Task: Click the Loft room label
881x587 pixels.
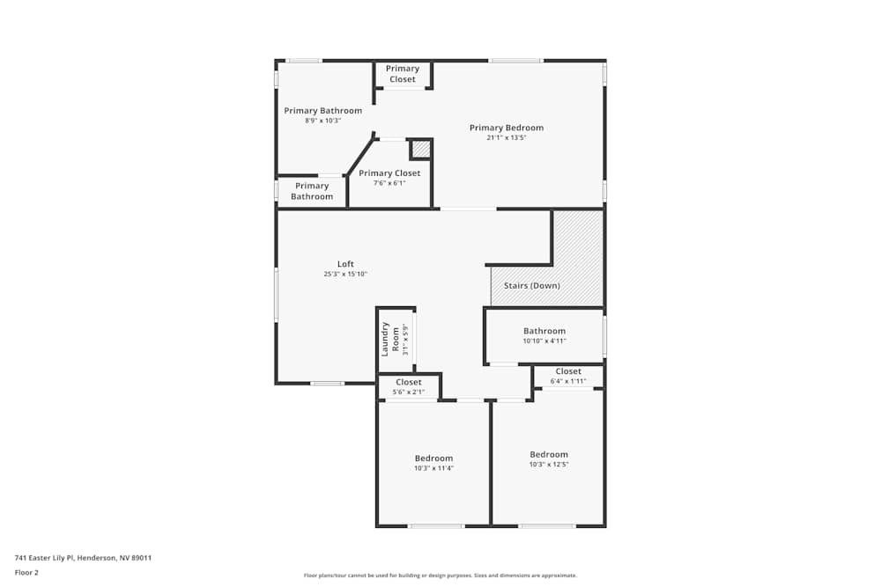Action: point(345,264)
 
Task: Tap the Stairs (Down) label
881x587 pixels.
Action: point(531,285)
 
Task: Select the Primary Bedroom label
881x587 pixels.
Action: point(506,128)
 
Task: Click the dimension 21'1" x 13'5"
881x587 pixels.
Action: point(506,137)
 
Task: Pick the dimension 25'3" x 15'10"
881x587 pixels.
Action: point(345,274)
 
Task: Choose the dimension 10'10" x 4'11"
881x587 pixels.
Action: point(544,341)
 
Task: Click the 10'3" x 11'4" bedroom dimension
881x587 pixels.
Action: point(433,468)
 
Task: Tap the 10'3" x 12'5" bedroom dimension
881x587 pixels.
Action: point(549,464)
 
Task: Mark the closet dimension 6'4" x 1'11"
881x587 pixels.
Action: point(568,380)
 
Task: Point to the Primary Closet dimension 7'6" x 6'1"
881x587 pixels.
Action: point(389,183)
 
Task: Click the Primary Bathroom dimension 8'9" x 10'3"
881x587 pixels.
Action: point(322,121)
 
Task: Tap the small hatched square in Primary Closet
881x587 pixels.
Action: point(421,150)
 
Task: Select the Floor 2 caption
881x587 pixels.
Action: point(26,572)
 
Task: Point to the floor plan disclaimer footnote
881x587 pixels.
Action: point(440,575)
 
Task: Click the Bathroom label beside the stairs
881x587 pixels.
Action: point(544,331)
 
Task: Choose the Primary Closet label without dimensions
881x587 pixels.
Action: point(403,74)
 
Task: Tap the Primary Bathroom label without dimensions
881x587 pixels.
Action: point(312,191)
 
